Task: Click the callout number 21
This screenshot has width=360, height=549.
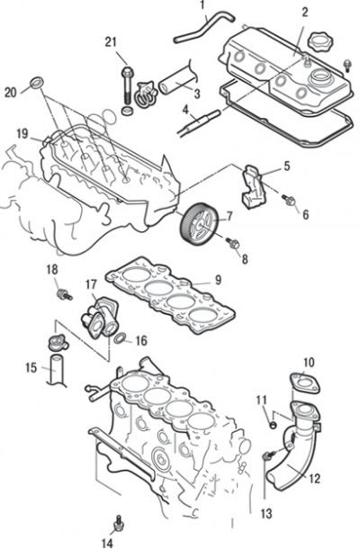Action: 111,42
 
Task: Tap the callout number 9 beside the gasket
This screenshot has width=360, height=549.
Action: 218,280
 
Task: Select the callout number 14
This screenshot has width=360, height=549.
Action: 107,543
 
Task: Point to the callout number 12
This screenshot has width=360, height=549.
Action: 314,479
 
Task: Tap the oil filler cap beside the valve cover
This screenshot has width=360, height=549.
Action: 320,42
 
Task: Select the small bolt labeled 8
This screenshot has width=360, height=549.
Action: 234,243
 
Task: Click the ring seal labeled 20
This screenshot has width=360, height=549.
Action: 36,83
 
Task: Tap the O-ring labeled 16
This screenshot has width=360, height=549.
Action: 120,338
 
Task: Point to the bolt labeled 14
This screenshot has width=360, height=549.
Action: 119,524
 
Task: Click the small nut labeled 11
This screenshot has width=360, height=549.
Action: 274,426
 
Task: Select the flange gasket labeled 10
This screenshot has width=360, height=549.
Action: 305,384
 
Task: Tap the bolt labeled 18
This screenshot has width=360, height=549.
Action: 65,295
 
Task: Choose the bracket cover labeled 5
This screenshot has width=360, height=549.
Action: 255,187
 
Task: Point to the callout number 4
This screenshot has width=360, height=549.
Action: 184,110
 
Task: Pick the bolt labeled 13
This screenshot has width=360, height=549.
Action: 268,456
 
